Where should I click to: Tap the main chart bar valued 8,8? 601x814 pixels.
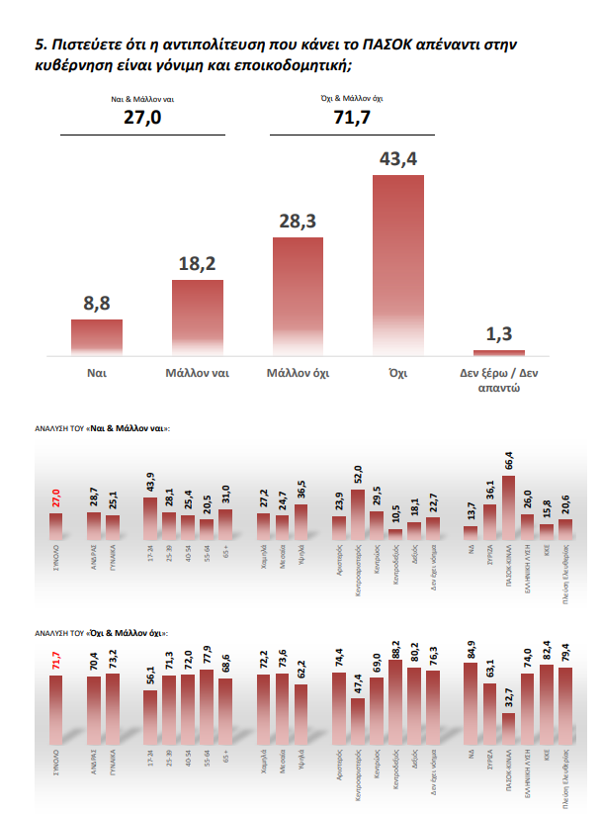point(97,337)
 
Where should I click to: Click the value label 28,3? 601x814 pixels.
point(298,223)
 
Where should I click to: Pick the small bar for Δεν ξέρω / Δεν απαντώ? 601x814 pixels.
point(499,352)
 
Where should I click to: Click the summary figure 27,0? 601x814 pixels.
point(142,119)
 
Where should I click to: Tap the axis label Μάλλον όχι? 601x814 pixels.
point(298,374)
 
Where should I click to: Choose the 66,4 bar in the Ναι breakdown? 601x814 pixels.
point(508,505)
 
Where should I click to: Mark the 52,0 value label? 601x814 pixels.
point(357,478)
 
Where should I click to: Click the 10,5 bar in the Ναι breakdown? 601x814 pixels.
point(395,531)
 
